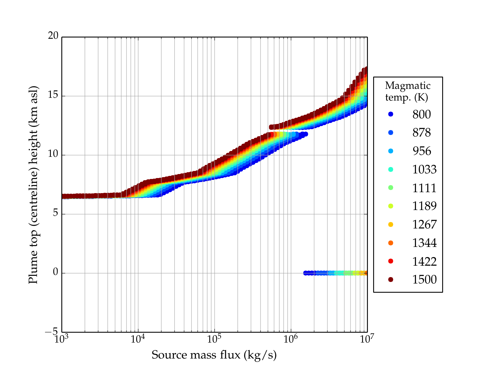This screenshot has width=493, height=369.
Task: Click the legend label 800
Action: (x=422, y=114)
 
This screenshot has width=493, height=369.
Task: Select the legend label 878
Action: (x=422, y=133)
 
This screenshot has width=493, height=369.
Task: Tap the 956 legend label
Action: (x=422, y=151)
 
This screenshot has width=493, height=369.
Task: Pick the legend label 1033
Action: (x=424, y=169)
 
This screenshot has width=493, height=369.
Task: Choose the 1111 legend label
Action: (x=424, y=188)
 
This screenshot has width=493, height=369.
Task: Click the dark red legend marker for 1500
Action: (x=391, y=279)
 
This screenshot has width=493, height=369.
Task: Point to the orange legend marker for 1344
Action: (x=391, y=243)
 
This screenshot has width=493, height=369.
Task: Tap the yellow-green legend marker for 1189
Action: (x=391, y=206)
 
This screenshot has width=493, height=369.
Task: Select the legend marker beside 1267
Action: (x=391, y=224)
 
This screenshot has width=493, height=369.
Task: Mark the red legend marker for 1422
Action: (x=391, y=261)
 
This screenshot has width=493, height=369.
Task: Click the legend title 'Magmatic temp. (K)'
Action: (x=408, y=91)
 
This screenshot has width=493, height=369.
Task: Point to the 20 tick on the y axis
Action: (x=53, y=36)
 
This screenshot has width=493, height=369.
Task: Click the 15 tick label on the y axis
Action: (x=53, y=95)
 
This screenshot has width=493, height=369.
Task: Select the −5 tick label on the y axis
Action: (x=51, y=332)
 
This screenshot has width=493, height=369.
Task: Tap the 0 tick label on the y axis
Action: (x=55, y=272)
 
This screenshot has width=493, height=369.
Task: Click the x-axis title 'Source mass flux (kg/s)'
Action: (x=214, y=355)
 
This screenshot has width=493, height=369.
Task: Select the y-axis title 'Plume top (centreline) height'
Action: (x=33, y=184)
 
